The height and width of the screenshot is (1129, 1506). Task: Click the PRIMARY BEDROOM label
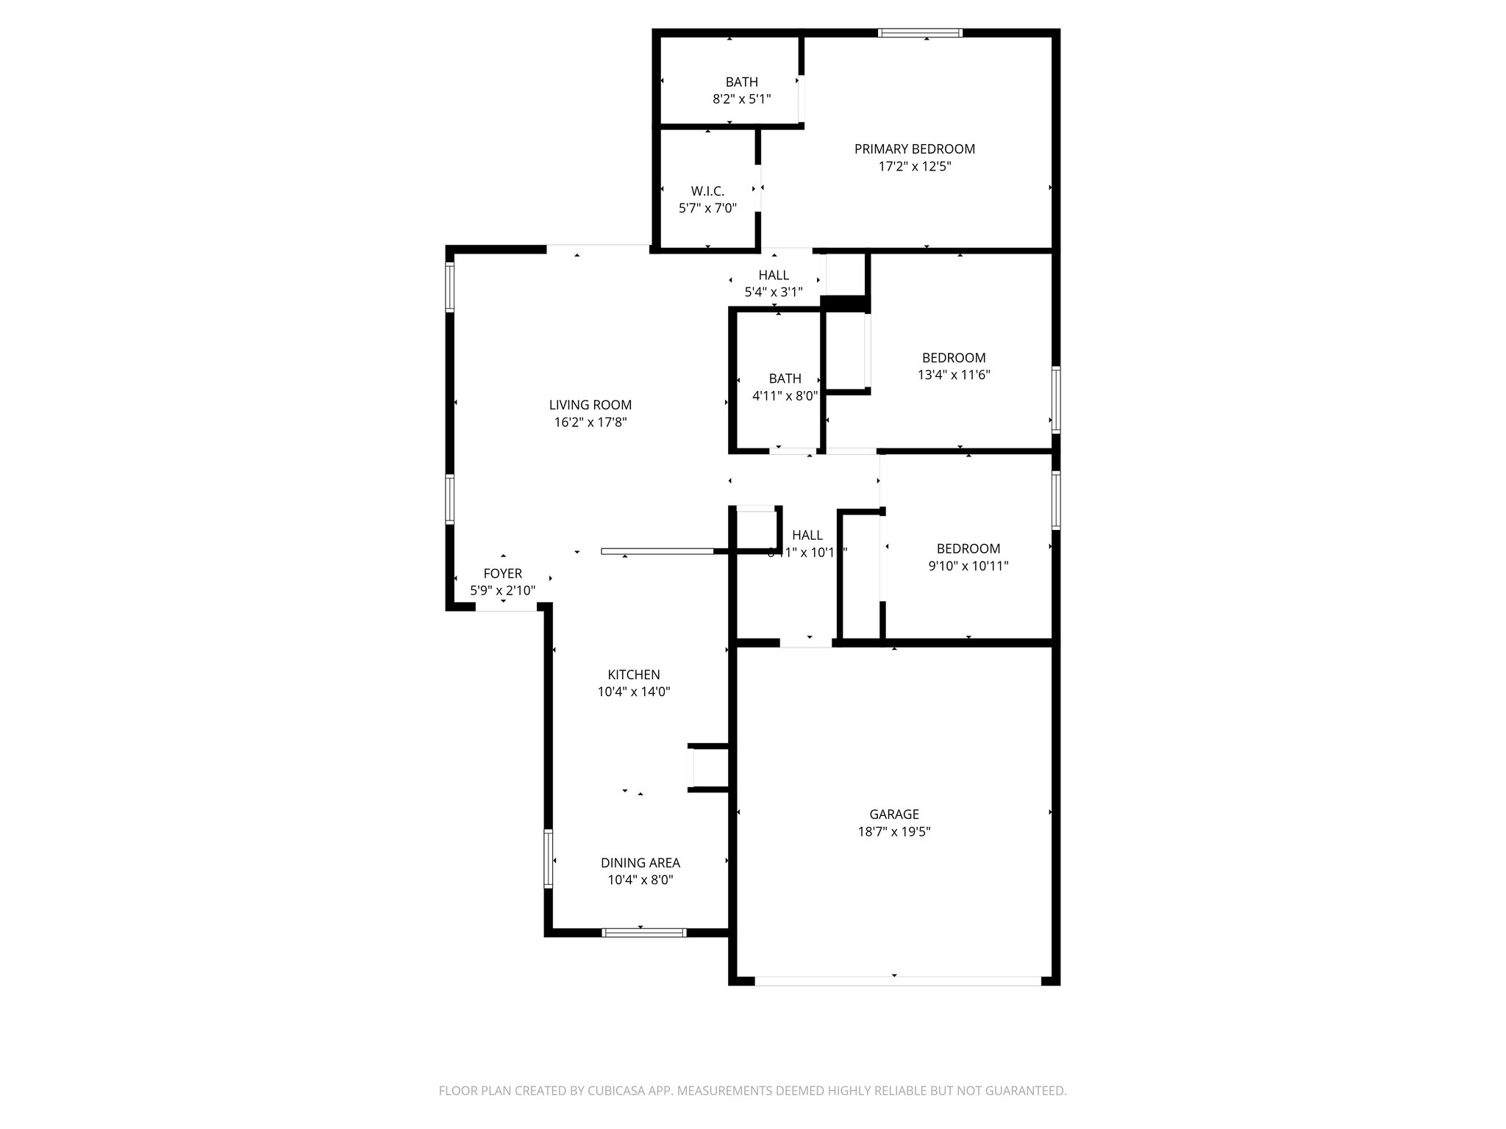click(914, 149)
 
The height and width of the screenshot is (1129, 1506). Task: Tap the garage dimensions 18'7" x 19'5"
click(894, 832)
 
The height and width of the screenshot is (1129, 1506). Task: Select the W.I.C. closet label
click(707, 191)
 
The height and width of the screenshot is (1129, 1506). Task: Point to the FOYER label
click(502, 573)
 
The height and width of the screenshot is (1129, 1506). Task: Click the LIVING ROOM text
click(590, 405)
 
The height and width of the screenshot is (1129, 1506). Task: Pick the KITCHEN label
click(633, 675)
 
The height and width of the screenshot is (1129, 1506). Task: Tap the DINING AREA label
click(640, 863)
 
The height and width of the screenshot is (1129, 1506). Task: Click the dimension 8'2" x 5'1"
click(741, 99)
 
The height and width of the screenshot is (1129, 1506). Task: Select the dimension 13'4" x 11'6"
click(954, 375)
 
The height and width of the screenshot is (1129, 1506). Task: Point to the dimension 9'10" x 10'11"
click(968, 566)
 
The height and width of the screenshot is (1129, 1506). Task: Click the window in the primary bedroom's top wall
click(920, 32)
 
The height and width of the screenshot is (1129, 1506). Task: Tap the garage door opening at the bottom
click(898, 981)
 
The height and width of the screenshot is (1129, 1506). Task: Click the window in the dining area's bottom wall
click(643, 933)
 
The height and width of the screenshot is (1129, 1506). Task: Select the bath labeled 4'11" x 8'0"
click(785, 387)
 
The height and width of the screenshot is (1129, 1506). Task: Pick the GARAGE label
click(894, 814)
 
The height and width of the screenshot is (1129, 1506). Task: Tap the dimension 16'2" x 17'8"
click(590, 423)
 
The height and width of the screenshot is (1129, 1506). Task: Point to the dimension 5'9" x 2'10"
click(502, 590)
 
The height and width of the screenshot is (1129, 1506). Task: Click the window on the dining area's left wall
click(548, 859)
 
